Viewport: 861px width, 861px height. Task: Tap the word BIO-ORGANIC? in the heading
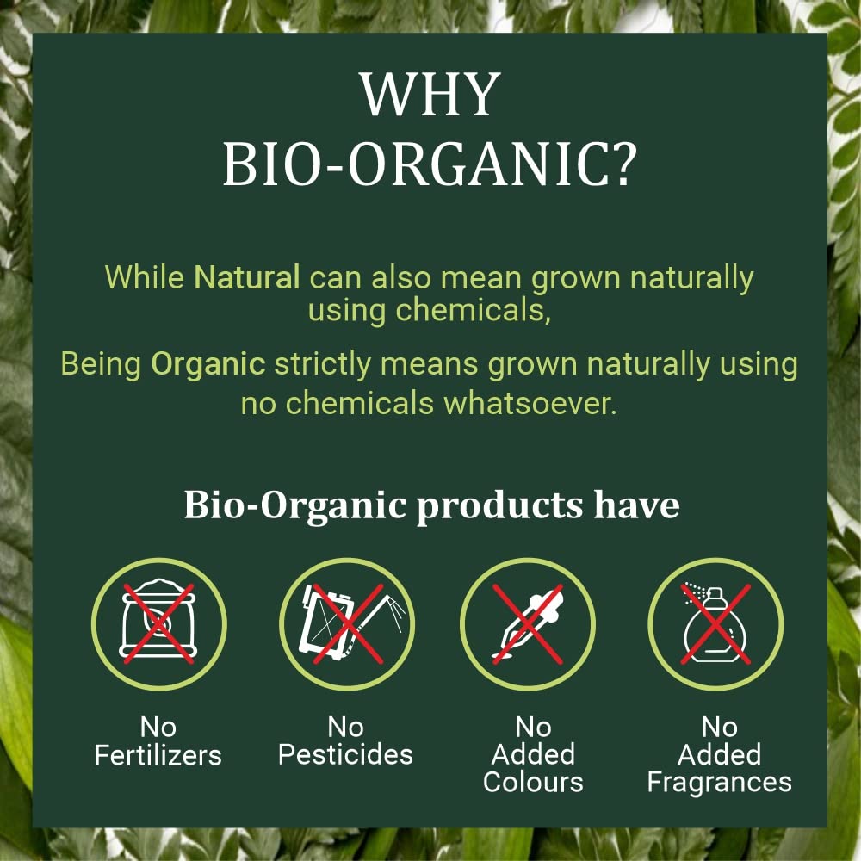pyautogui.click(x=430, y=165)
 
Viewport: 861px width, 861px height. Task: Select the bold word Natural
pyautogui.click(x=247, y=277)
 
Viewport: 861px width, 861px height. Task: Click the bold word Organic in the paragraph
pyautogui.click(x=208, y=363)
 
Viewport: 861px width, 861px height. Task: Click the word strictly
pyautogui.click(x=324, y=363)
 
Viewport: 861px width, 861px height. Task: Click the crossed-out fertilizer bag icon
pyautogui.click(x=158, y=623)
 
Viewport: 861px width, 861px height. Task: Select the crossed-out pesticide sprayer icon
pyautogui.click(x=345, y=623)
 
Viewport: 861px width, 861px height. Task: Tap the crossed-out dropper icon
pyautogui.click(x=527, y=623)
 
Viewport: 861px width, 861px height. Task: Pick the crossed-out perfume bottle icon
pyautogui.click(x=715, y=623)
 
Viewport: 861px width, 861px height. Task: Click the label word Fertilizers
pyautogui.click(x=158, y=755)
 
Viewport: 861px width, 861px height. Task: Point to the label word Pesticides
pyautogui.click(x=345, y=755)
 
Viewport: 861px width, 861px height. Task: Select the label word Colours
pyautogui.click(x=533, y=782)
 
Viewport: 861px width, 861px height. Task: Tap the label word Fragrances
pyautogui.click(x=720, y=782)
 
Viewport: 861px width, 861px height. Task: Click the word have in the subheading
pyautogui.click(x=636, y=505)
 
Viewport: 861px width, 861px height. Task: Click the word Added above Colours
pyautogui.click(x=533, y=754)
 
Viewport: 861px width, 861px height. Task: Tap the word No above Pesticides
pyautogui.click(x=345, y=728)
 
